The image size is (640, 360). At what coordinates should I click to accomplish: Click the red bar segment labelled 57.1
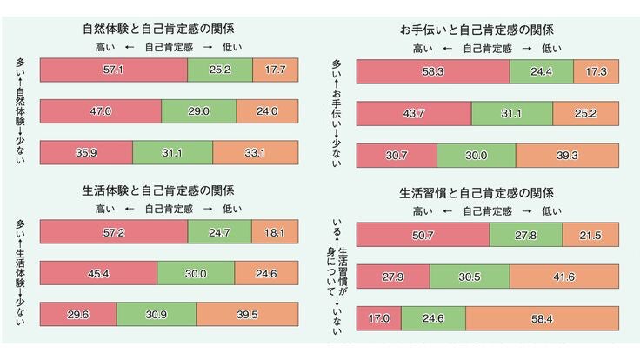pyautogui.click(x=114, y=70)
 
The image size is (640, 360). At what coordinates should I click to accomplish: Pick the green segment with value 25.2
pyautogui.click(x=220, y=70)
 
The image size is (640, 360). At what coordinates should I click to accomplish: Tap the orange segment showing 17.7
pyautogui.click(x=275, y=70)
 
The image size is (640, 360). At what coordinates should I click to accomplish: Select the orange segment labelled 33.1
pyautogui.click(x=255, y=151)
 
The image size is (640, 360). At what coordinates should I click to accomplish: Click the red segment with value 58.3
pyautogui.click(x=433, y=72)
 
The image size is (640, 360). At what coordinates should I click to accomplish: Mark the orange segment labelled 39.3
pyautogui.click(x=567, y=155)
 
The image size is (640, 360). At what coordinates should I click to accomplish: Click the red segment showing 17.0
pyautogui.click(x=378, y=318)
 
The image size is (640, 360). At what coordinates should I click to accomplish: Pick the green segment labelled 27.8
pyautogui.click(x=525, y=235)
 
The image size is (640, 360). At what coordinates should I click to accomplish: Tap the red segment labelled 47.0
pyautogui.click(x=101, y=111)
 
